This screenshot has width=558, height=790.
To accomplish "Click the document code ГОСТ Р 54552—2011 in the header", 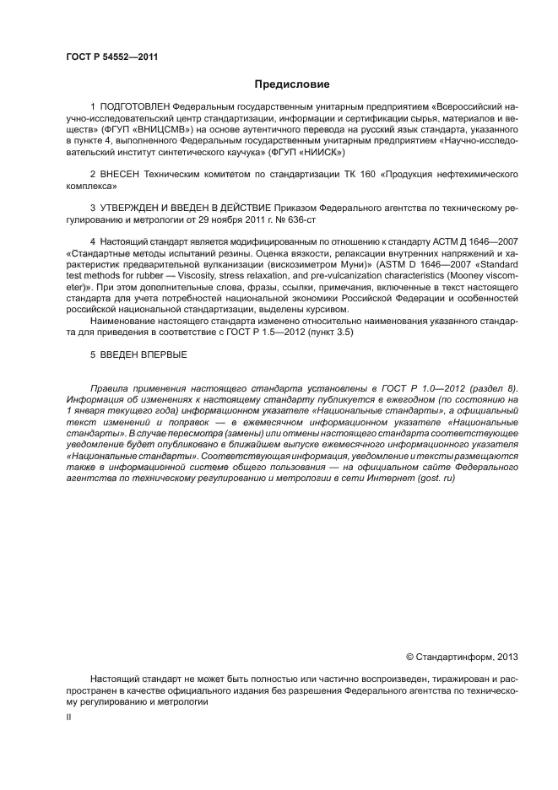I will pyautogui.click(x=111, y=57).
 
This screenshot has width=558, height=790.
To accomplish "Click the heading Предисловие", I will pyautogui.click(x=292, y=84).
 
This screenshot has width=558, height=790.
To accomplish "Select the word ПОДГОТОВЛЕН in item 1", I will pyautogui.click(x=135, y=109).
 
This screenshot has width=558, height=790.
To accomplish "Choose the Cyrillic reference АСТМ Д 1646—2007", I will pyautogui.click(x=477, y=241).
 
